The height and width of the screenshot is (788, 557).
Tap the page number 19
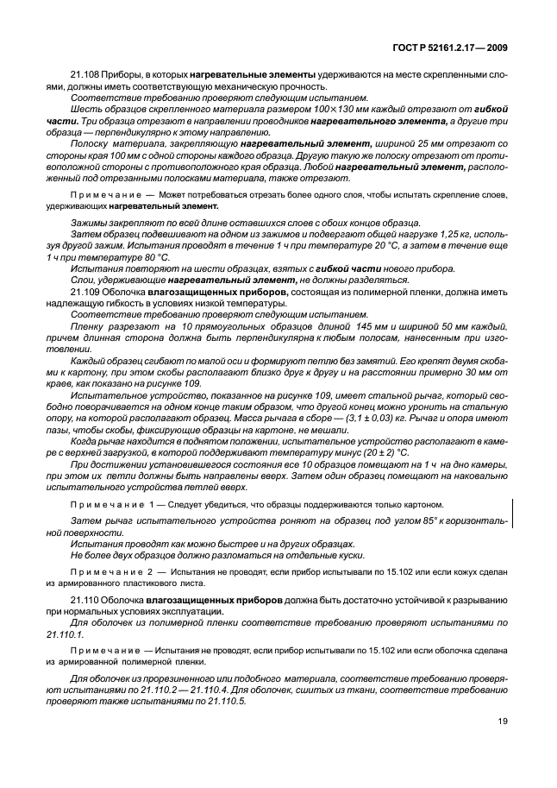click(502, 723)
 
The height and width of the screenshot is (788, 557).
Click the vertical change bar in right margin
click(513, 510)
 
